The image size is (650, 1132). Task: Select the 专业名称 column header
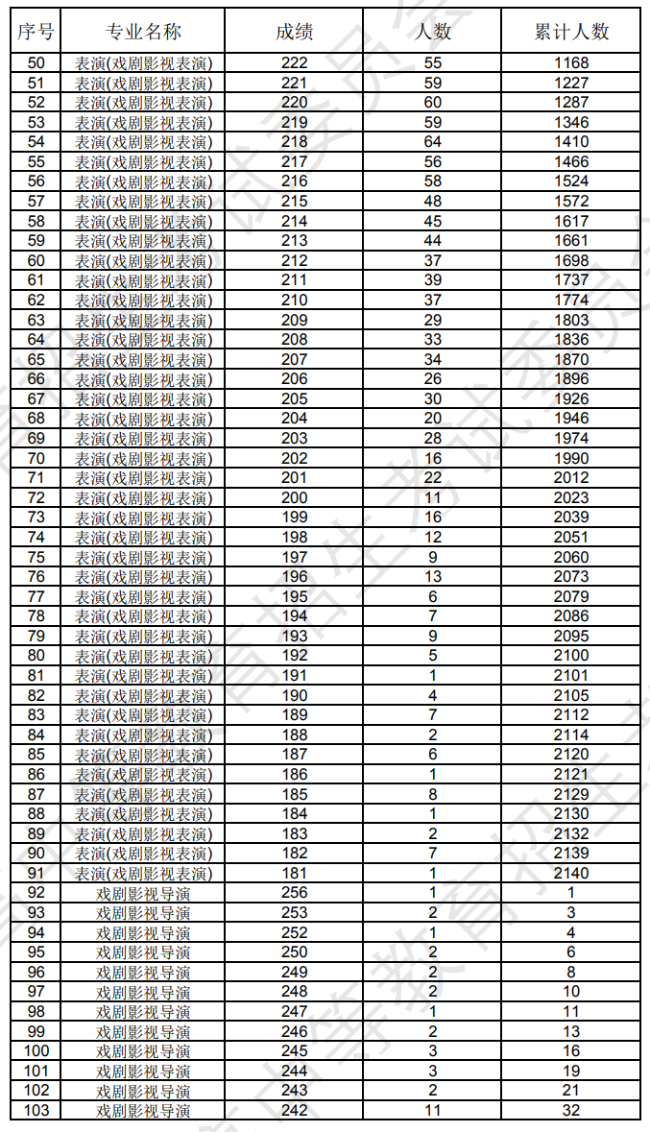pyautogui.click(x=143, y=32)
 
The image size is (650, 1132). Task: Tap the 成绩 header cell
pyautogui.click(x=294, y=32)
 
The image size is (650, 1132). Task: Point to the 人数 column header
pyautogui.click(x=433, y=32)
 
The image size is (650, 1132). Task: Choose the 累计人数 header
pyautogui.click(x=571, y=32)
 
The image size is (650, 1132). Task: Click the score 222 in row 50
pyautogui.click(x=294, y=63)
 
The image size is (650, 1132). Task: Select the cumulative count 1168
pyautogui.click(x=571, y=63)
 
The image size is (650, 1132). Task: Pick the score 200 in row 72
pyautogui.click(x=294, y=497)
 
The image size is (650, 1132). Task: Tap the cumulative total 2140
pyautogui.click(x=571, y=873)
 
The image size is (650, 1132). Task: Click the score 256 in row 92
pyautogui.click(x=294, y=893)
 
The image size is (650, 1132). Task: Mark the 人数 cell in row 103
pyautogui.click(x=433, y=1110)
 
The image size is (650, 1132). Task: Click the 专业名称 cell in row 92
pyautogui.click(x=143, y=893)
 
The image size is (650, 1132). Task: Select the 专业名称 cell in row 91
pyautogui.click(x=143, y=873)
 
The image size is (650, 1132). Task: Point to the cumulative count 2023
pyautogui.click(x=571, y=497)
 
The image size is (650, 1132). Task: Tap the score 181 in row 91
pyautogui.click(x=294, y=873)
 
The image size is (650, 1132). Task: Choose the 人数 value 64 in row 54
pyautogui.click(x=433, y=142)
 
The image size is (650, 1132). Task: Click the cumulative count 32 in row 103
pyautogui.click(x=571, y=1110)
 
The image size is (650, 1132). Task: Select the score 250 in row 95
pyautogui.click(x=294, y=952)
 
